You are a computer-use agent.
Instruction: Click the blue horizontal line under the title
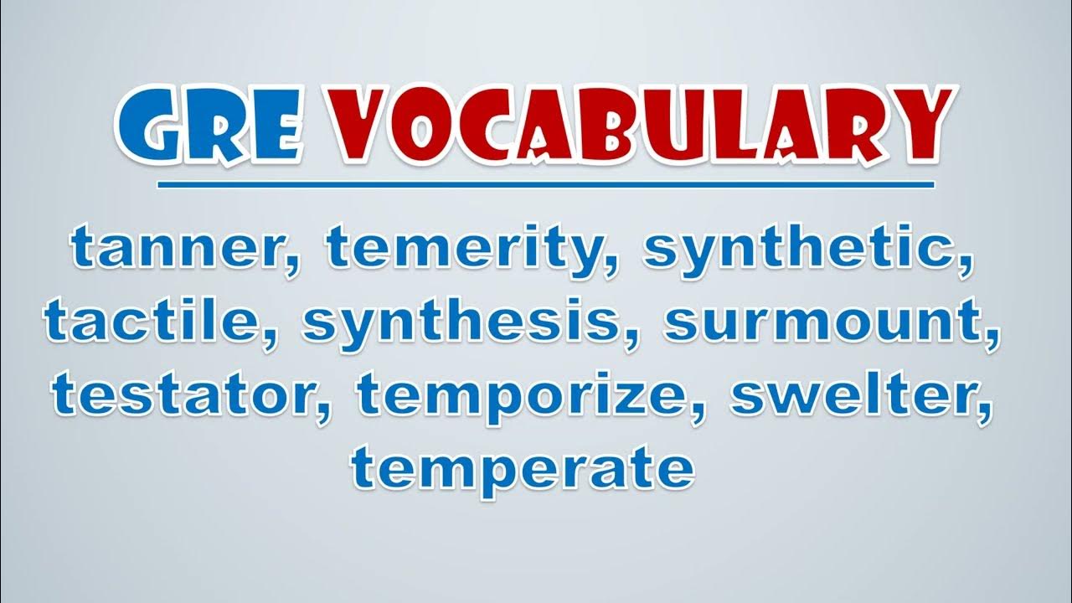tap(545, 185)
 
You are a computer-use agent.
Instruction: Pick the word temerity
tap(466, 251)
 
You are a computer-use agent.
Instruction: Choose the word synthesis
tap(461, 323)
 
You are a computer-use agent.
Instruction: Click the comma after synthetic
tap(962, 266)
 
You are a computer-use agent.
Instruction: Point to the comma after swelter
tap(981, 410)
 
